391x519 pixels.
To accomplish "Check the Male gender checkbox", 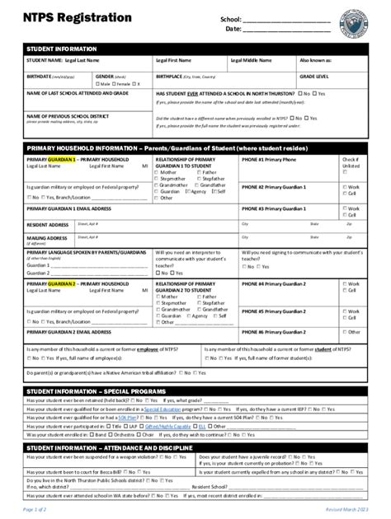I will pyautogui.click(x=99, y=84).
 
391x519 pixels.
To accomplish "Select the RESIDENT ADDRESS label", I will pyautogui.click(x=46, y=224).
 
